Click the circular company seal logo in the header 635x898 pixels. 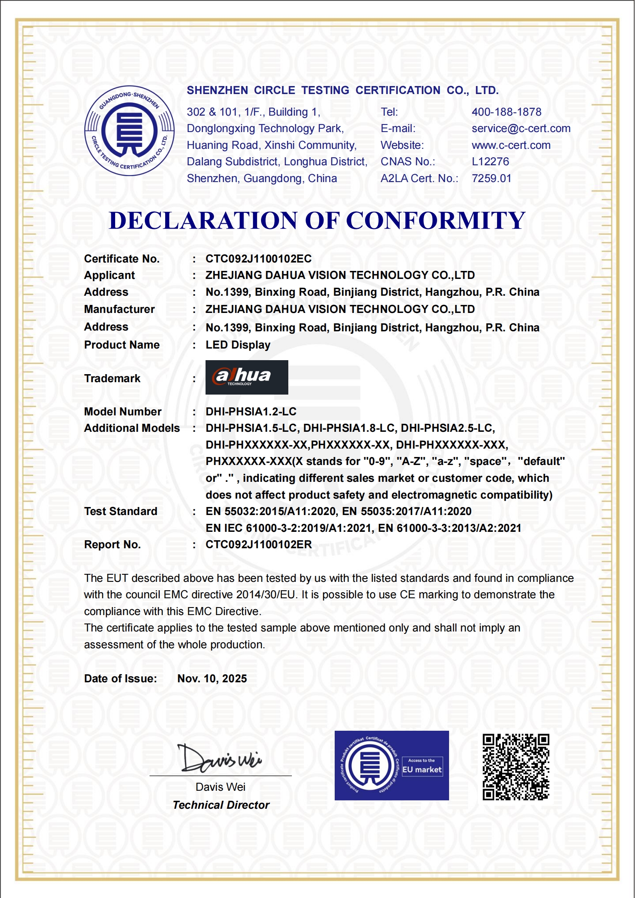click(x=129, y=130)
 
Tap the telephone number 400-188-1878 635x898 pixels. click(x=506, y=112)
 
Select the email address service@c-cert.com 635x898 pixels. click(x=521, y=128)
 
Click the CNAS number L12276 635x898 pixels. click(x=490, y=162)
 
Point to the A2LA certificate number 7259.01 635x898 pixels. click(x=491, y=178)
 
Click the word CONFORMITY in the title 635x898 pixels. click(x=435, y=220)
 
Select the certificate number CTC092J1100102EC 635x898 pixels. click(x=258, y=259)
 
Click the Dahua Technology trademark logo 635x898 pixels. click(x=246, y=377)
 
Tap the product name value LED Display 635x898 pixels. click(x=238, y=345)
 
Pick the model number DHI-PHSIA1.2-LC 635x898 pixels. click(x=251, y=412)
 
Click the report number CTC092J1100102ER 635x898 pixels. click(x=258, y=545)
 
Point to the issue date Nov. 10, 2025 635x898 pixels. click(x=212, y=679)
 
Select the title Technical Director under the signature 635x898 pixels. click(x=221, y=805)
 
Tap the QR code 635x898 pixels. click(x=515, y=767)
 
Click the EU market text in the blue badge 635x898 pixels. click(x=422, y=770)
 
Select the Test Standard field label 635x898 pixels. click(x=120, y=511)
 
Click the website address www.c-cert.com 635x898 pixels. click(x=511, y=145)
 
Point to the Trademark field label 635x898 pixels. click(x=112, y=379)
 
